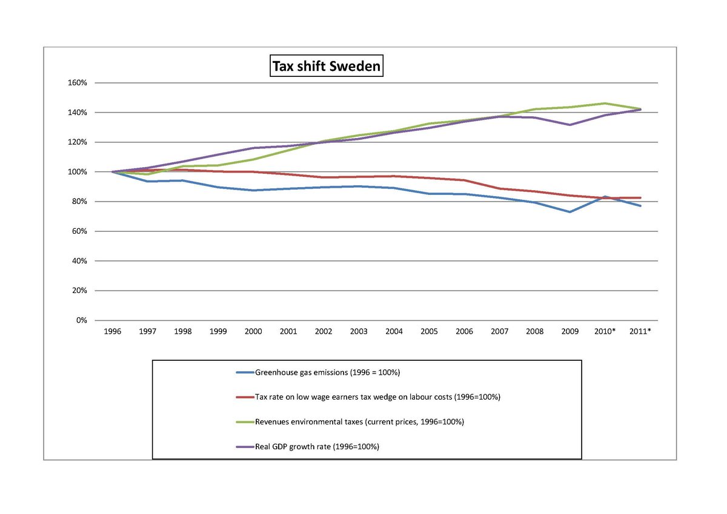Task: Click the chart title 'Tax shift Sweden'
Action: point(326,66)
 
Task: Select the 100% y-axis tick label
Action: point(80,172)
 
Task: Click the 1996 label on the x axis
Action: point(113,332)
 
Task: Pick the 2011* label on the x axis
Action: point(640,332)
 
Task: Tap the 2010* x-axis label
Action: point(605,332)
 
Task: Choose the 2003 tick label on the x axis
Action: point(359,332)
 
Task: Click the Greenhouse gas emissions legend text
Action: point(327,372)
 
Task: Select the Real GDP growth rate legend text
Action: point(317,447)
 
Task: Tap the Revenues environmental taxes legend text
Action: point(359,422)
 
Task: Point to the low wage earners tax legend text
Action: point(377,397)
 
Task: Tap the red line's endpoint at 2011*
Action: point(640,198)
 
